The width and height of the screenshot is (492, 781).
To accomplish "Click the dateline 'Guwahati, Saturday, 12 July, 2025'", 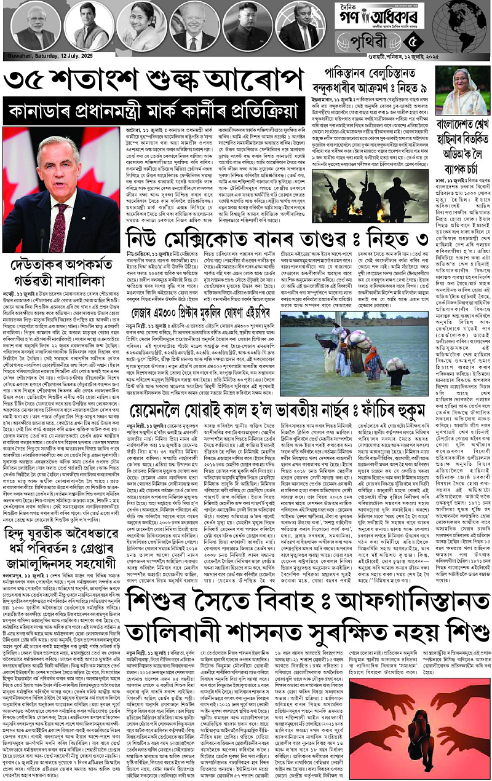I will click(x=43, y=57).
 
